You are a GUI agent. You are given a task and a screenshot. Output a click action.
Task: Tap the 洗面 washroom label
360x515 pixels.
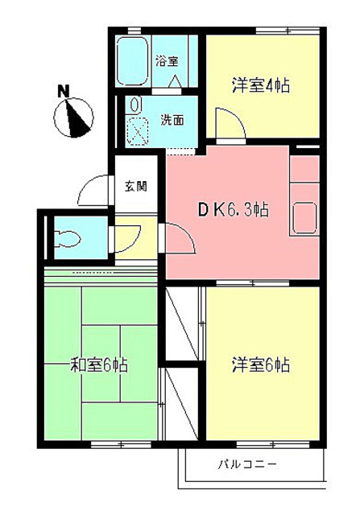click(x=171, y=121)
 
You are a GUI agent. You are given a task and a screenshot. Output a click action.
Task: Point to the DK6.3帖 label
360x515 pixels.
click(x=234, y=211)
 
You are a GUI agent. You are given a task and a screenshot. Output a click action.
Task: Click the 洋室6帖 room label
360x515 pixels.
click(x=261, y=364)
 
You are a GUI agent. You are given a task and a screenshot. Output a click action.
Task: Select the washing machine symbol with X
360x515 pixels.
click(x=138, y=130)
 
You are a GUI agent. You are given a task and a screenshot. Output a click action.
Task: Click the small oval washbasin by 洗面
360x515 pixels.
click(x=135, y=105)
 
